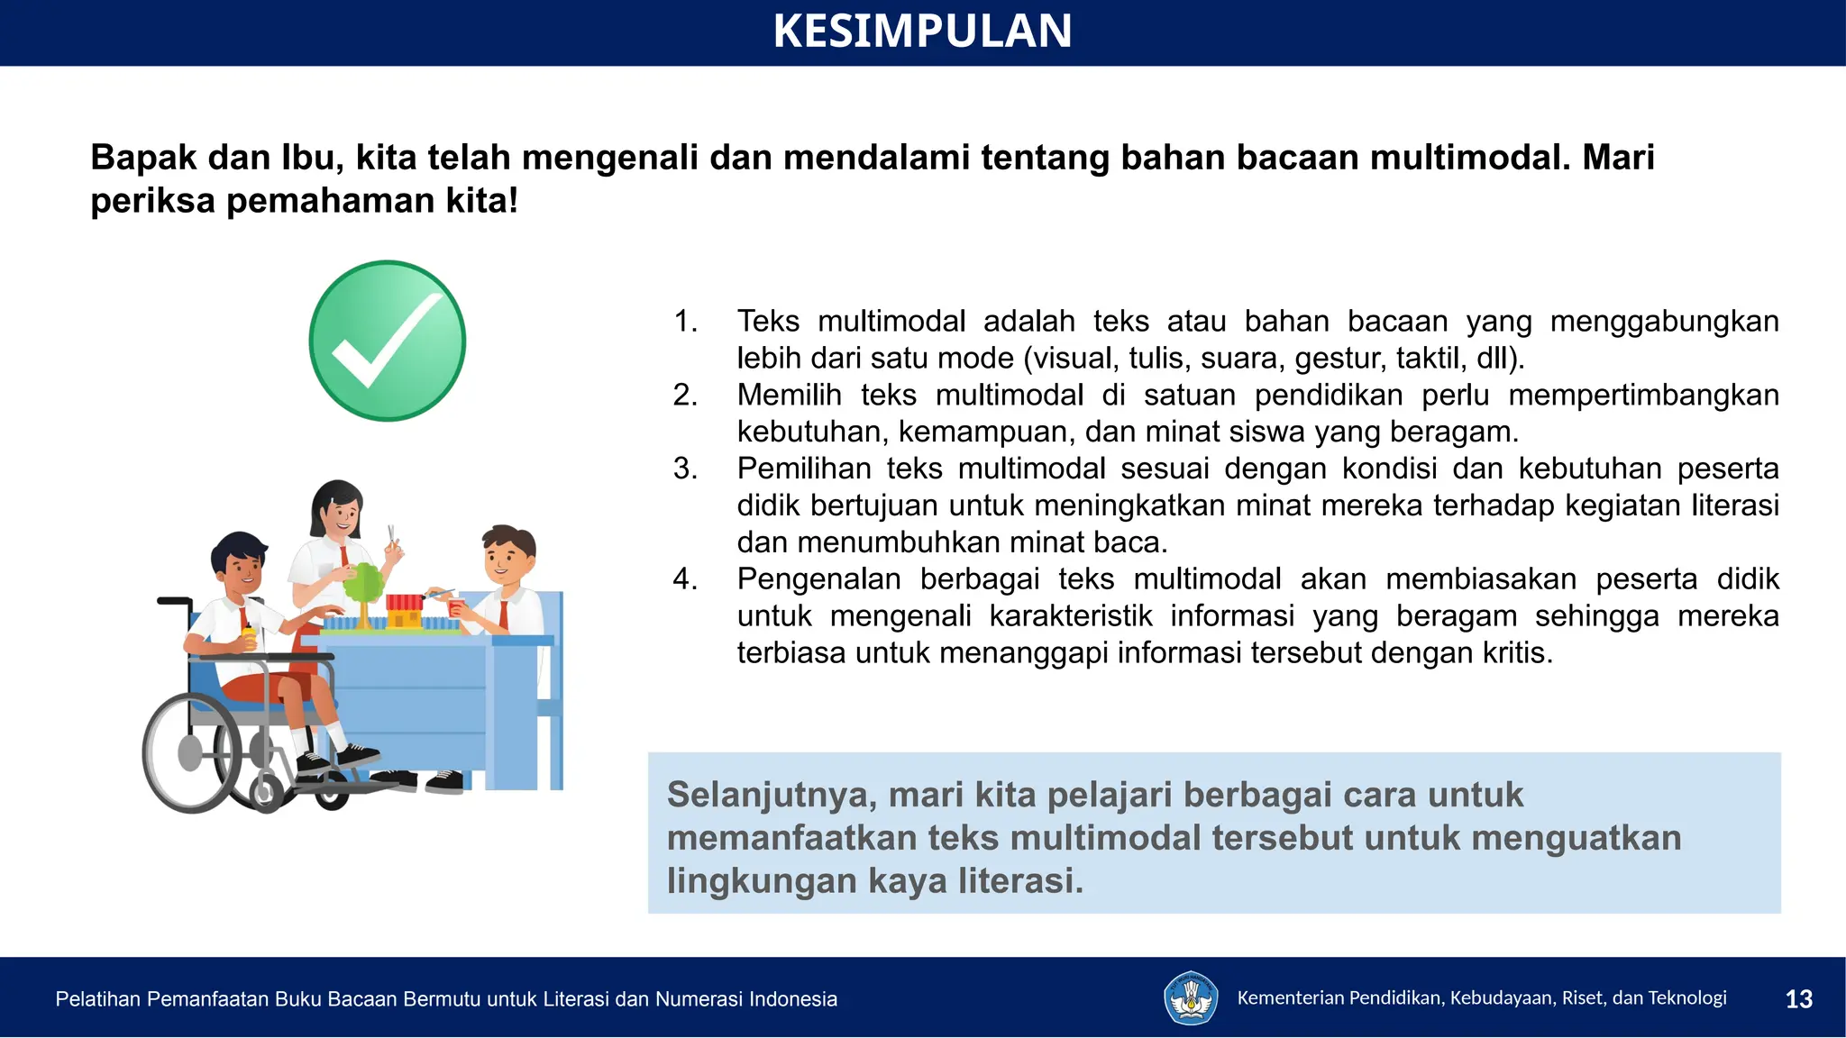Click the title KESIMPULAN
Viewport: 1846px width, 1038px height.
(922, 31)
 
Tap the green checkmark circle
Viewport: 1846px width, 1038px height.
(388, 341)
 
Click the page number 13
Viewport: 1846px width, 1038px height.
(1798, 998)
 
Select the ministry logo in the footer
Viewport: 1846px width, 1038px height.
(1191, 997)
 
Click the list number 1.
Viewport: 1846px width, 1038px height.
(686, 321)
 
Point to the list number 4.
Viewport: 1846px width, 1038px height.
(685, 578)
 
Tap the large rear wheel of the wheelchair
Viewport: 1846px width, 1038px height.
(192, 752)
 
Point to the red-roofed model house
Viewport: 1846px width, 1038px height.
(405, 609)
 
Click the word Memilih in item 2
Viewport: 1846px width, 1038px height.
(789, 395)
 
